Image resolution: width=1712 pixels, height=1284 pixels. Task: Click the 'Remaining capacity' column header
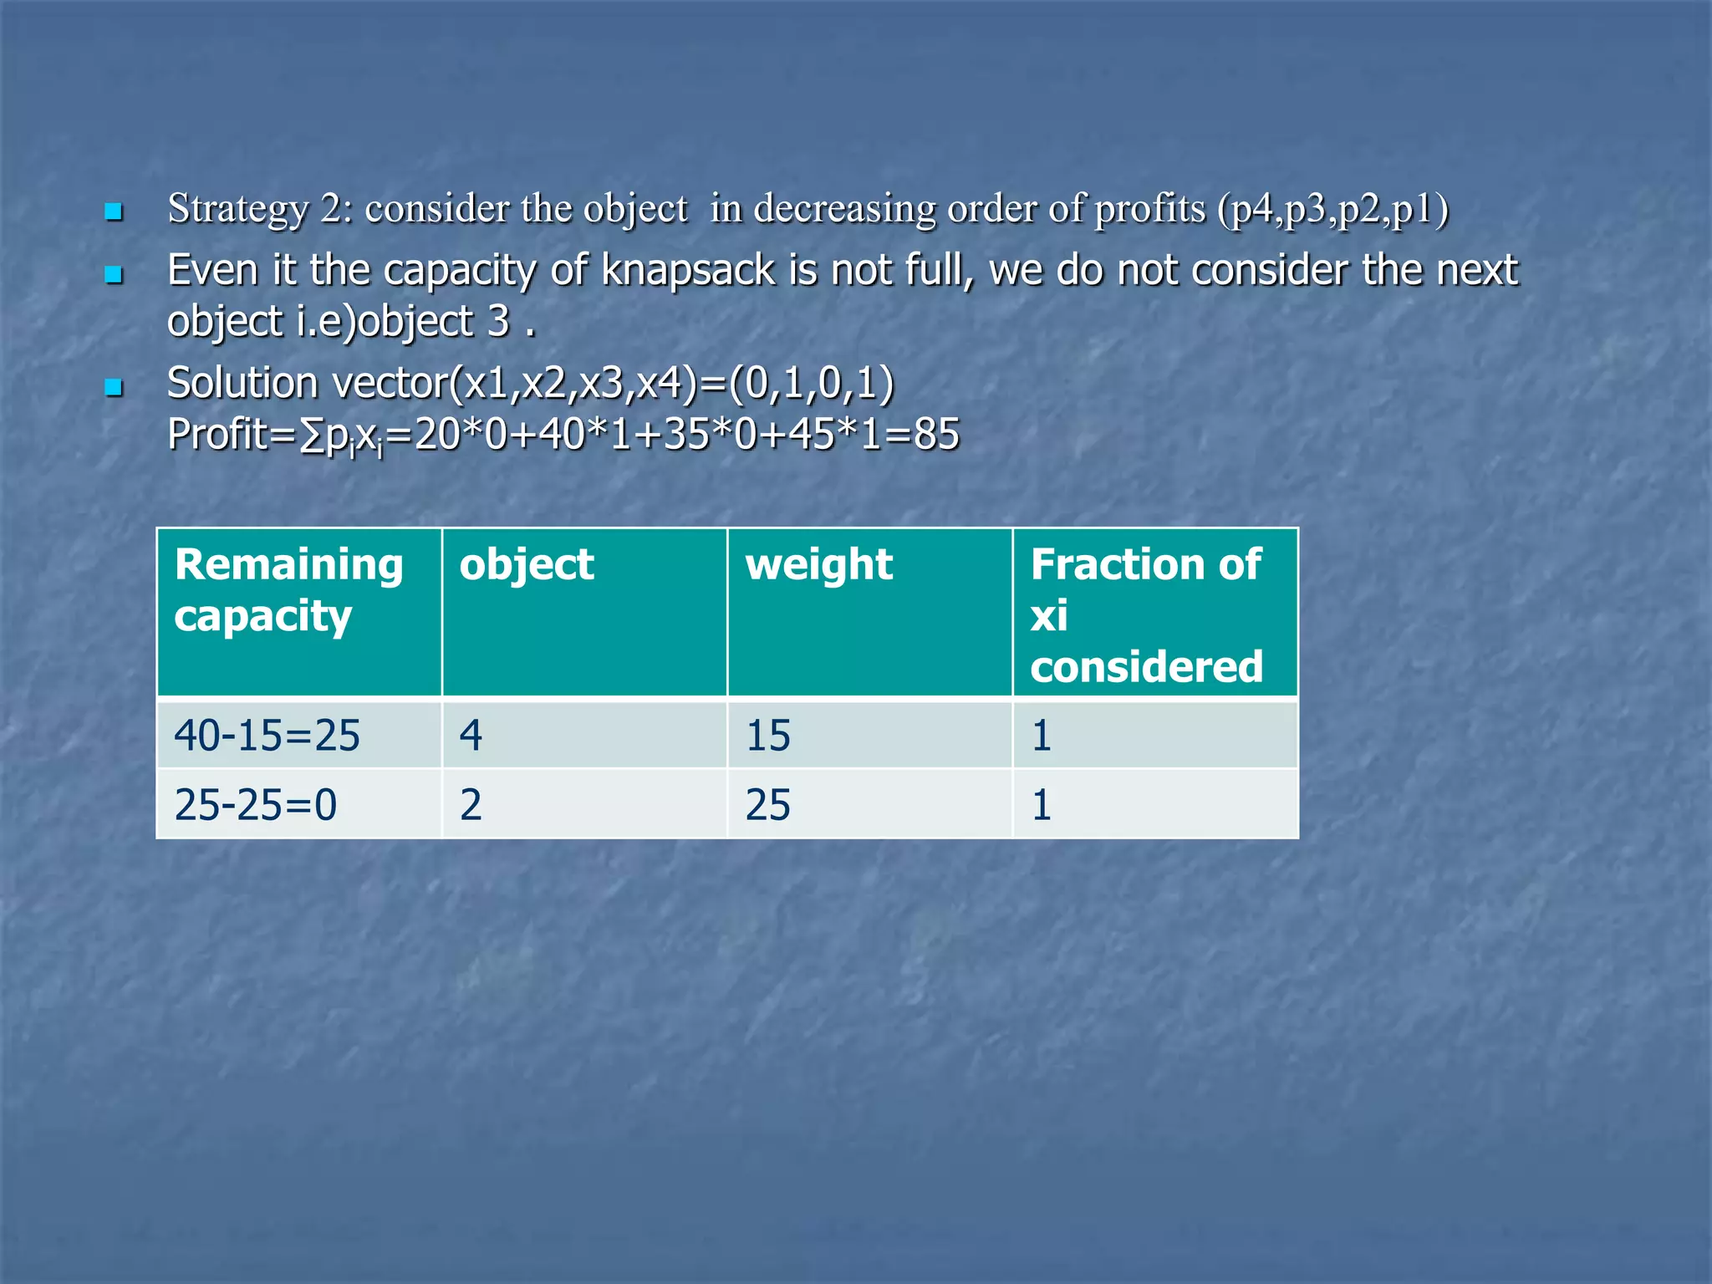[x=288, y=590]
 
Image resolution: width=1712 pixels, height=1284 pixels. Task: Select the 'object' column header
[x=527, y=565]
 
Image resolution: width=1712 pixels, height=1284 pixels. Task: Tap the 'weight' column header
[x=819, y=565]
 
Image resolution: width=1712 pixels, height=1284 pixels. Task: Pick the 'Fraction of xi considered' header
[x=1146, y=615]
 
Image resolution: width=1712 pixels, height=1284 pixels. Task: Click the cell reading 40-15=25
[x=267, y=736]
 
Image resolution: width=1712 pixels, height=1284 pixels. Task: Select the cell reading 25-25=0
[x=256, y=805]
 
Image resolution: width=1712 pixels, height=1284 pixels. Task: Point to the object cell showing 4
[x=471, y=736]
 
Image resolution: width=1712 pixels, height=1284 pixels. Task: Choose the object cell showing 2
[x=471, y=805]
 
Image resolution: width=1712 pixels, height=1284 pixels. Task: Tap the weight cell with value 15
[x=767, y=736]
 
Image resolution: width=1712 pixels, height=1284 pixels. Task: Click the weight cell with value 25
[x=767, y=805]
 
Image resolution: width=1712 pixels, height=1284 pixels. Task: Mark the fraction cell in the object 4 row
[x=1042, y=736]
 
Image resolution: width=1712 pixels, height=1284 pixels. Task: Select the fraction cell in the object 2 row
[x=1042, y=805]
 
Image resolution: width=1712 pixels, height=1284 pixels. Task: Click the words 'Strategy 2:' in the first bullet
[x=259, y=209]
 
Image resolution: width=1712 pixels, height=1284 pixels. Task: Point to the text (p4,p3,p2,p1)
[x=1332, y=209]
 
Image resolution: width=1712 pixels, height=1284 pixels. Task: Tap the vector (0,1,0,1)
[x=812, y=383]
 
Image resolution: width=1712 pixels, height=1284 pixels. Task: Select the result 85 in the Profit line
[x=936, y=435]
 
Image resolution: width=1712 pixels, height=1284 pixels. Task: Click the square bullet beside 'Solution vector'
[x=114, y=387]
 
